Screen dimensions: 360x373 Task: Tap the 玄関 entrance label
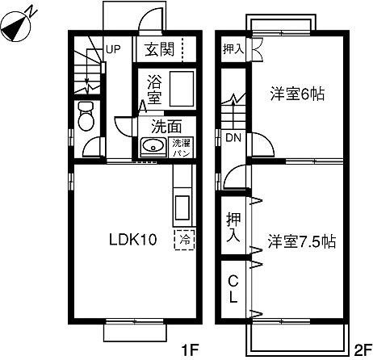pos(158,49)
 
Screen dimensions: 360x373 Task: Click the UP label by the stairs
pos(112,49)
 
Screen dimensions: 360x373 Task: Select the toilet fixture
pos(85,117)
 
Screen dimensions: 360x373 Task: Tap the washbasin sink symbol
pos(152,147)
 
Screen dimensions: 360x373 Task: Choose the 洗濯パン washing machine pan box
pos(179,148)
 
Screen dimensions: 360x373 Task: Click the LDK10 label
pos(129,239)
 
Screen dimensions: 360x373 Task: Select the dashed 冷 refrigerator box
pos(185,239)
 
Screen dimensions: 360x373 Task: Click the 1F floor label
pos(189,350)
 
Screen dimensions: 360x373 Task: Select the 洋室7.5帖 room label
pos(301,241)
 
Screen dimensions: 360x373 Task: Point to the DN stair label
pos(233,137)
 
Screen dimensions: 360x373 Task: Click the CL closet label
pos(233,289)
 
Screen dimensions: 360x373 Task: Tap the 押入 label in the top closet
pos(233,49)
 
